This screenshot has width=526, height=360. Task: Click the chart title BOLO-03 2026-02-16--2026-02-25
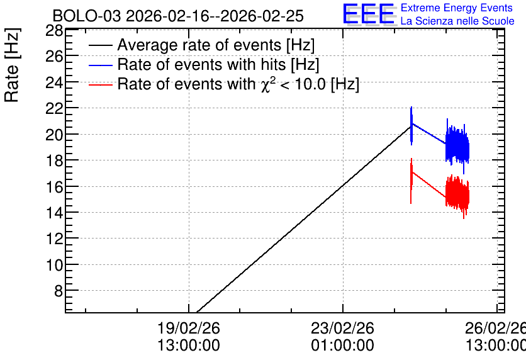click(x=178, y=16)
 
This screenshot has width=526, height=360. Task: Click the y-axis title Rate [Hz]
click(x=12, y=65)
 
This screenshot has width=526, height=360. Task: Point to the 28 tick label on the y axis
click(x=54, y=31)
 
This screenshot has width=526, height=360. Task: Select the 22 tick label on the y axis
click(x=54, y=108)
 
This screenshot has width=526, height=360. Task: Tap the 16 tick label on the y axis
click(x=54, y=186)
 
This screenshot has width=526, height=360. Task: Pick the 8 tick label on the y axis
click(x=59, y=291)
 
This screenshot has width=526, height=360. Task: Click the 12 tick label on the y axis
click(x=54, y=239)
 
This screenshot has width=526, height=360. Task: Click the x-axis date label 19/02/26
click(x=189, y=328)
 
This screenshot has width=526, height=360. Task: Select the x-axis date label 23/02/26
click(x=342, y=328)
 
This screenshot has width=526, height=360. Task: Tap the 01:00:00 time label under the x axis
click(x=342, y=346)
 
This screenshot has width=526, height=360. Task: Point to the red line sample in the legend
click(x=100, y=85)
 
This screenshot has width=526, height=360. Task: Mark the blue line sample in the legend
click(x=100, y=65)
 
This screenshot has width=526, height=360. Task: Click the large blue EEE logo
click(x=368, y=14)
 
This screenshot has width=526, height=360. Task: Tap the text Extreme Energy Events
click(x=457, y=8)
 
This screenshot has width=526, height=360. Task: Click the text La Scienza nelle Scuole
click(x=457, y=21)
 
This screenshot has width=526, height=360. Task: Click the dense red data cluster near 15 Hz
click(x=457, y=194)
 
